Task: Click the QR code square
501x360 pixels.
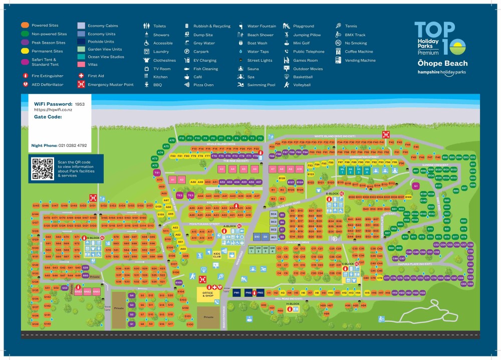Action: click(x=43, y=168)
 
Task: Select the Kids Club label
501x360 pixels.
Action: click(x=217, y=255)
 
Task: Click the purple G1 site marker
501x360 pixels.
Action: click(x=415, y=186)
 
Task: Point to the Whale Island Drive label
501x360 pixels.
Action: click(x=220, y=144)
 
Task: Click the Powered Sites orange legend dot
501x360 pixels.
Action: click(x=25, y=26)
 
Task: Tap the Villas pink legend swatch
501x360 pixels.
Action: click(x=81, y=65)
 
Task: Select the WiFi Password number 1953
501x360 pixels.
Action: click(x=80, y=104)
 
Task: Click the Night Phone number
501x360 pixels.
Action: click(x=73, y=145)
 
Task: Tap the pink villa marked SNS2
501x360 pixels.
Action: click(x=88, y=291)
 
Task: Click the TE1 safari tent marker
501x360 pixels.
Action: click(x=157, y=172)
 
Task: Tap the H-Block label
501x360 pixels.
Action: click(x=293, y=304)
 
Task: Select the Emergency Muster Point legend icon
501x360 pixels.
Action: click(x=81, y=85)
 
